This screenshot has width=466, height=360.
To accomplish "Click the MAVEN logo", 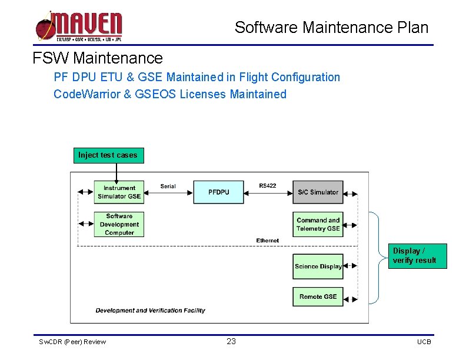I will pos(79,27).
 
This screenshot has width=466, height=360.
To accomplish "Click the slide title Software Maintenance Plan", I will pos(331,28).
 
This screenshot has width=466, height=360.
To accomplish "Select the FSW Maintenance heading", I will pos(98,58).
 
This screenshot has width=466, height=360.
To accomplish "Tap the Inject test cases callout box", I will pos(108,155).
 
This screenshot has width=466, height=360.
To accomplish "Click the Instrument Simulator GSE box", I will pos(119,192).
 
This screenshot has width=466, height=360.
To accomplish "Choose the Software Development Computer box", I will pos(119,224).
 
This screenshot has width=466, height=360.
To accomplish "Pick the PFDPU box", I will pos(218,192).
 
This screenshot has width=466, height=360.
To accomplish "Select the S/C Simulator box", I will pos(318,192).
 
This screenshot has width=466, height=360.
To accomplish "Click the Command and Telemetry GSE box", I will pos(318,224).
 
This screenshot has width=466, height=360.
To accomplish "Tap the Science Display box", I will pos(318,266).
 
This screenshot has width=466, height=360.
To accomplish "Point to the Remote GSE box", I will pos(318,296).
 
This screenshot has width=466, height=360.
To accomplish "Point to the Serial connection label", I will pos(168,186).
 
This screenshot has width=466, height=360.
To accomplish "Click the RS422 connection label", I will pos(267,186).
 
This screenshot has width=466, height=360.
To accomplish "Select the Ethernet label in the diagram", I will pos(268,241).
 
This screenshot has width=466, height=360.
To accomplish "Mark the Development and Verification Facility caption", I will pos(151,311).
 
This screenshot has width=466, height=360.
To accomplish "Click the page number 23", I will pos(231,341).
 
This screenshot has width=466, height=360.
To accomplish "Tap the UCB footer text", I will pos(424,342).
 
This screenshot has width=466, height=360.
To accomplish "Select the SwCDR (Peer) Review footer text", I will pos(72,342).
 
